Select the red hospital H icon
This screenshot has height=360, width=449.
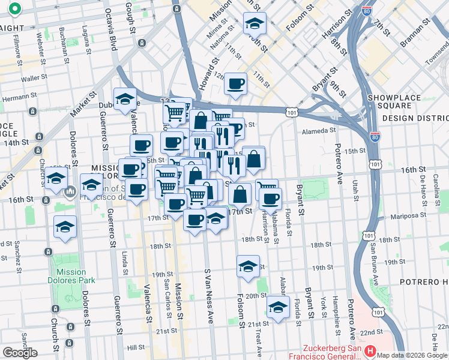[x=370, y=350]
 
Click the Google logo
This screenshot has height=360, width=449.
[x=20, y=353]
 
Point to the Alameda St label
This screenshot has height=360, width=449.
[x=319, y=131]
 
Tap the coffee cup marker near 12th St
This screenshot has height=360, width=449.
[x=236, y=83]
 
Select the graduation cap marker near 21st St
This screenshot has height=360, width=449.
[x=278, y=307]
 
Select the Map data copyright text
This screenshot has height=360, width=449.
[x=412, y=355]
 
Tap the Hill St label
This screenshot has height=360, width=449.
[x=136, y=347]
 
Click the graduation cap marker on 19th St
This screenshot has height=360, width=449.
[x=247, y=266]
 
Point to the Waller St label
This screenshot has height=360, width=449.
[x=34, y=79]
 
